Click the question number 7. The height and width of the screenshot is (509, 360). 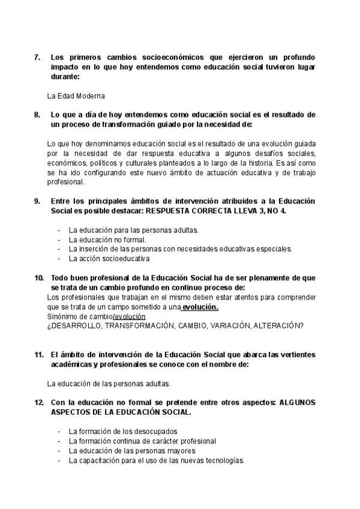click(37, 58)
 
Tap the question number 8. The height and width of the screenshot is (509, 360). click(37, 115)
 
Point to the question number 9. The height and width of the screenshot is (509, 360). click(37, 201)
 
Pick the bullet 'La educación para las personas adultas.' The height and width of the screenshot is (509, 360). click(125, 230)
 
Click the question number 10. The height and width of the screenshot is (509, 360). click(39, 278)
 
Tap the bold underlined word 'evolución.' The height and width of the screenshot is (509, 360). click(200, 307)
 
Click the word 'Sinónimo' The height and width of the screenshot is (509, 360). click(62, 316)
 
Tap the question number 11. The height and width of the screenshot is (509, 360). click(39, 355)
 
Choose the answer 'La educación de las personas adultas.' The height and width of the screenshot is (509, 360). click(109, 384)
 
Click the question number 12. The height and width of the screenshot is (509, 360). click(39, 403)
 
